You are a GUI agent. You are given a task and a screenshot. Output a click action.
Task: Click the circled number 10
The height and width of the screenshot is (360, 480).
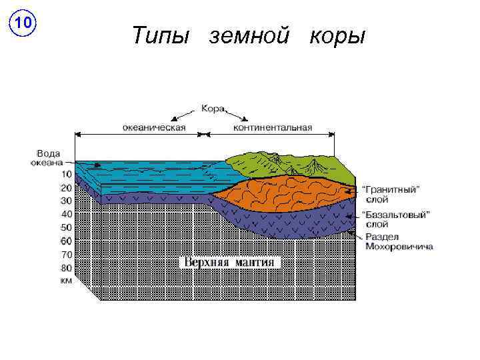coord(23,24)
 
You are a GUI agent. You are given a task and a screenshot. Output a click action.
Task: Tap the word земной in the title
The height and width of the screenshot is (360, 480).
coord(250,35)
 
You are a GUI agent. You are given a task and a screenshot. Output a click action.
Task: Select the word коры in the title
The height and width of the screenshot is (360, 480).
coord(337,35)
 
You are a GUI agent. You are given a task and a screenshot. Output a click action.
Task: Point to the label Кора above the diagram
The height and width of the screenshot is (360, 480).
coord(213,108)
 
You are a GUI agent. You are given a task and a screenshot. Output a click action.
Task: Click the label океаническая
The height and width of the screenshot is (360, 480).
coord(155,127)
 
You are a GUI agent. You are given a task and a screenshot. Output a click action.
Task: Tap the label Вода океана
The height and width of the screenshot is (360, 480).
coord(49,157)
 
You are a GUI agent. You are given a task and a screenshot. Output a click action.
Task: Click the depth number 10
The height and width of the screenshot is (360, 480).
coord(65,174)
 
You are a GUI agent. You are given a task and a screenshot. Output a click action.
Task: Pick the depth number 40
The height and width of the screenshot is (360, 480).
coord(65,214)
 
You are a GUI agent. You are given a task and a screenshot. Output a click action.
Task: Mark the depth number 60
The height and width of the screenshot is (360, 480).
coord(65,241)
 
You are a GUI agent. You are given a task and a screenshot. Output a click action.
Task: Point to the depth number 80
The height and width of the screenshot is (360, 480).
coord(65,268)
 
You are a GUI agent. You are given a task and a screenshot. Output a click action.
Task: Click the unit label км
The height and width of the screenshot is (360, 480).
coord(66,281)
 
